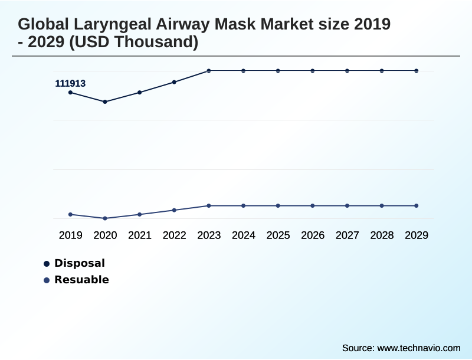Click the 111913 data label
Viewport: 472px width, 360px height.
[x=70, y=84]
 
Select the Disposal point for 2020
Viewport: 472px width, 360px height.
[x=105, y=102]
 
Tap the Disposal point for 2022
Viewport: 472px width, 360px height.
[x=174, y=82]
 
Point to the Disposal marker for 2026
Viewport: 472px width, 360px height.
[x=313, y=71]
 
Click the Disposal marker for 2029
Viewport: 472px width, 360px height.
[x=417, y=71]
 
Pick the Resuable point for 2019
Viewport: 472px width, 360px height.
[x=70, y=214]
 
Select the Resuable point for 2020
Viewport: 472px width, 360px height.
[x=105, y=218]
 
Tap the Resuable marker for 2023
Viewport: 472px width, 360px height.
[x=209, y=205]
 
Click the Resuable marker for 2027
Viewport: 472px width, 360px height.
[x=347, y=205]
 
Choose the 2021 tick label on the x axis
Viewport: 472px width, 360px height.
[x=140, y=235]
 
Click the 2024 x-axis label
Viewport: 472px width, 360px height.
[x=244, y=235]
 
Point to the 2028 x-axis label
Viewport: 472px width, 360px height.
[x=382, y=235]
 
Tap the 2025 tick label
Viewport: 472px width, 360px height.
[x=278, y=235]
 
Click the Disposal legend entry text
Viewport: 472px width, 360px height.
[x=80, y=263]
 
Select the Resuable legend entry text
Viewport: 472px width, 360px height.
[x=81, y=280]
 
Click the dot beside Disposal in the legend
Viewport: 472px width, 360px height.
[x=47, y=264]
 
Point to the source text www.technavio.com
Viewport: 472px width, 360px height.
[x=419, y=348]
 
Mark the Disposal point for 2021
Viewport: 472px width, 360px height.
[x=140, y=92]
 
